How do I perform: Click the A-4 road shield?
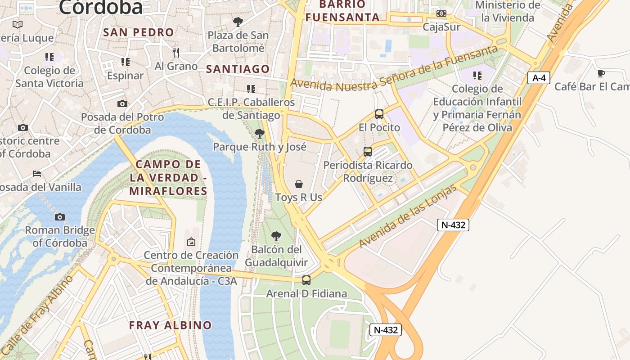[539, 78]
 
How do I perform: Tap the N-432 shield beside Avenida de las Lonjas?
[453, 225]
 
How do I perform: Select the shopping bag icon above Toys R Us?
[298, 184]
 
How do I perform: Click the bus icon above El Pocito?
[379, 114]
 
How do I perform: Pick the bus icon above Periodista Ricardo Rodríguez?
[368, 152]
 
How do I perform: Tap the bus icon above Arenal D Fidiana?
[306, 280]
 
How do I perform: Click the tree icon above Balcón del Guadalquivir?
[276, 236]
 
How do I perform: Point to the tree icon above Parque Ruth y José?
[259, 134]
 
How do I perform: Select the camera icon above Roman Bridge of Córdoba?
[60, 217]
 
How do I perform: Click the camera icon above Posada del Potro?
[122, 104]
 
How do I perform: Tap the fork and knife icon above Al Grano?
[176, 53]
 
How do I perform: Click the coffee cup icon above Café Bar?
[601, 73]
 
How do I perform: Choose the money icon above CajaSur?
[441, 13]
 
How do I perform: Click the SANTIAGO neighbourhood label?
[238, 69]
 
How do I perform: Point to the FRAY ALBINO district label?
[170, 325]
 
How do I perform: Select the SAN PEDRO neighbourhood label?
[138, 32]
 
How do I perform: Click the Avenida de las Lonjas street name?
[408, 216]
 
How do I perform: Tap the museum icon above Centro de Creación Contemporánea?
[191, 242]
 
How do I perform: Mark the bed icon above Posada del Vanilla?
[37, 174]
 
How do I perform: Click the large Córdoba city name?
[100, 7]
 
